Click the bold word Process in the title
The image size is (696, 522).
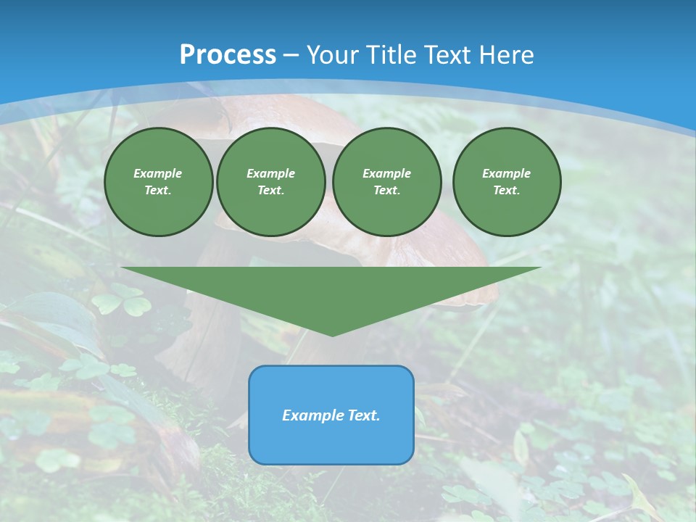click(x=228, y=55)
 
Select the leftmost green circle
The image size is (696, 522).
click(x=158, y=182)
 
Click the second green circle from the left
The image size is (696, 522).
click(x=270, y=182)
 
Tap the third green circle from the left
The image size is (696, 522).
click(x=386, y=182)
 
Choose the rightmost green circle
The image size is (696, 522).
click(x=506, y=182)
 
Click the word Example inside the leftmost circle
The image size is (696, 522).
click(x=158, y=173)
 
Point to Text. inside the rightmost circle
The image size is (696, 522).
click(x=506, y=191)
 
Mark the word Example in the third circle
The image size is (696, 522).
click(x=386, y=173)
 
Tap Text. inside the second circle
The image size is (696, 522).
click(x=270, y=191)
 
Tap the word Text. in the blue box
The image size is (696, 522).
click(x=362, y=415)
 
